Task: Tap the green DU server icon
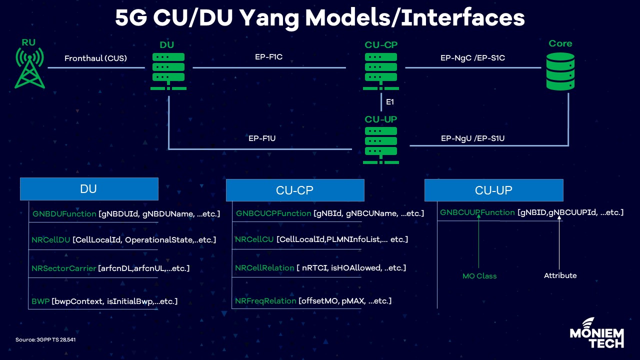pyautogui.click(x=168, y=71)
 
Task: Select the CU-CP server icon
pyautogui.click(x=381, y=71)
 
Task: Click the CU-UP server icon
pyautogui.click(x=381, y=145)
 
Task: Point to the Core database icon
pyautogui.click(x=560, y=71)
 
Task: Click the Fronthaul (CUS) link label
pyautogui.click(x=95, y=58)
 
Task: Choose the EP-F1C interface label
pyautogui.click(x=268, y=57)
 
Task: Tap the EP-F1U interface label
pyautogui.click(x=262, y=138)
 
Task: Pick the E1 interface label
pyautogui.click(x=390, y=102)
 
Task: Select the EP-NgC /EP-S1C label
pyautogui.click(x=472, y=58)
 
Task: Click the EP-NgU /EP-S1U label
pyautogui.click(x=472, y=138)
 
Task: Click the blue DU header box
pyautogui.click(x=89, y=189)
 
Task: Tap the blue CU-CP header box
pyautogui.click(x=295, y=190)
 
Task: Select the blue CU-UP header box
pyautogui.click(x=493, y=190)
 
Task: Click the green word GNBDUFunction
pyautogui.click(x=64, y=214)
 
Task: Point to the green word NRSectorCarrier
pyautogui.click(x=63, y=268)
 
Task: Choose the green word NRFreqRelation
pyautogui.click(x=265, y=301)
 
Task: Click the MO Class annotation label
pyautogui.click(x=479, y=276)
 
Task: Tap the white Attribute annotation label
pyautogui.click(x=560, y=275)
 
